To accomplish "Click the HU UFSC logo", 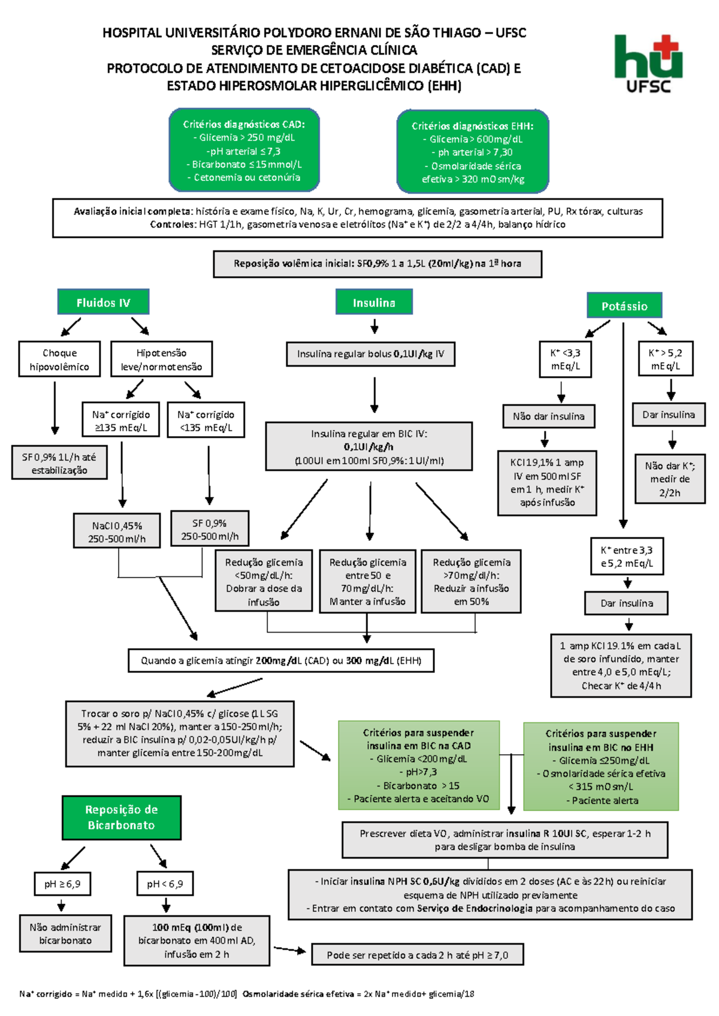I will tap(648, 63).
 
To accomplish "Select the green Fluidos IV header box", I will tap(103, 303).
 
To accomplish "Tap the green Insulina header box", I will tap(374, 303).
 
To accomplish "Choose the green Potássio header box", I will tap(624, 306).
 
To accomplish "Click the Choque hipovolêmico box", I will tap(59, 359).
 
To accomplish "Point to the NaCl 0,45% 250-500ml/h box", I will tap(117, 532).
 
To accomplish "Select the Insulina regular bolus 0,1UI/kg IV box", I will tap(371, 354).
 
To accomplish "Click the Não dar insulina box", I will tap(548, 416).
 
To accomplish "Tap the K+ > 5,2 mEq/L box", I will tap(665, 359).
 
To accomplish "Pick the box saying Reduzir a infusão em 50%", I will tap(471, 582).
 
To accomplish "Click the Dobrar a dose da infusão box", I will tap(264, 582).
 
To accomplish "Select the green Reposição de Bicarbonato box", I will tap(121, 818).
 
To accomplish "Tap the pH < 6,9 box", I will tap(165, 884).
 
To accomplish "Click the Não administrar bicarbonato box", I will tap(65, 933).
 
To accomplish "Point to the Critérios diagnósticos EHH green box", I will tap(472, 152).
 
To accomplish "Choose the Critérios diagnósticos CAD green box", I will tap(244, 150).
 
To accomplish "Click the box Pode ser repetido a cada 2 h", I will tap(417, 955).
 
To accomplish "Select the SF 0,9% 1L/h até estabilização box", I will tap(59, 463).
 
